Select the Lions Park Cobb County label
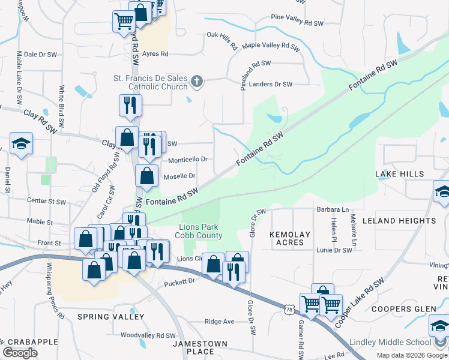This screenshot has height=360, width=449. pyautogui.click(x=201, y=231)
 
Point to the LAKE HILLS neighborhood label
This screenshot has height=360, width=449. pyautogui.click(x=400, y=174)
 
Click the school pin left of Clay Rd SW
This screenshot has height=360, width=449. pyautogui.click(x=21, y=144)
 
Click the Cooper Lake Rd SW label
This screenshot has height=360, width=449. pyautogui.click(x=360, y=303)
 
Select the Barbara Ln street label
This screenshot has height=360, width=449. pyautogui.click(x=333, y=210)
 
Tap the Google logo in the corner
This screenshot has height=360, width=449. pyautogui.click(x=20, y=353)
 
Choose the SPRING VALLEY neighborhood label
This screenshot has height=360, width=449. pyautogui.click(x=103, y=316)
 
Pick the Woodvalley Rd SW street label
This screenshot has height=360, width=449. pyautogui.click(x=148, y=335)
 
